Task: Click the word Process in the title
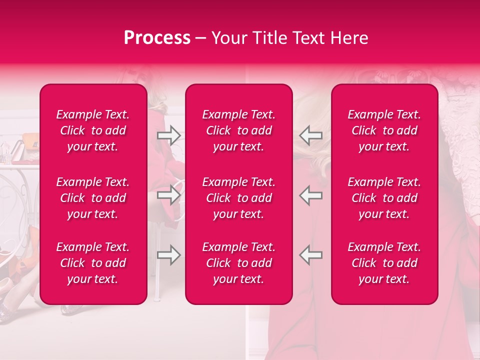tap(157, 38)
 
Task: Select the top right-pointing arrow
tap(168, 135)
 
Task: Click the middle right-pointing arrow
tap(168, 195)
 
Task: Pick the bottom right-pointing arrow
tap(168, 255)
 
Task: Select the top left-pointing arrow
tap(311, 135)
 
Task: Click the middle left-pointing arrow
tap(311, 195)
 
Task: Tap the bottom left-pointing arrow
tap(311, 255)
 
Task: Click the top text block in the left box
tap(93, 130)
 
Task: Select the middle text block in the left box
tap(93, 198)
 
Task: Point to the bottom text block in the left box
tap(93, 263)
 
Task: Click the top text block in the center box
tap(238, 130)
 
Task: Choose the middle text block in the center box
tap(238, 198)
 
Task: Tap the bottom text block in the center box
tap(238, 263)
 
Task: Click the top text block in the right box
tap(384, 130)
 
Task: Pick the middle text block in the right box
tap(384, 198)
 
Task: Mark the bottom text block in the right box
tap(384, 263)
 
